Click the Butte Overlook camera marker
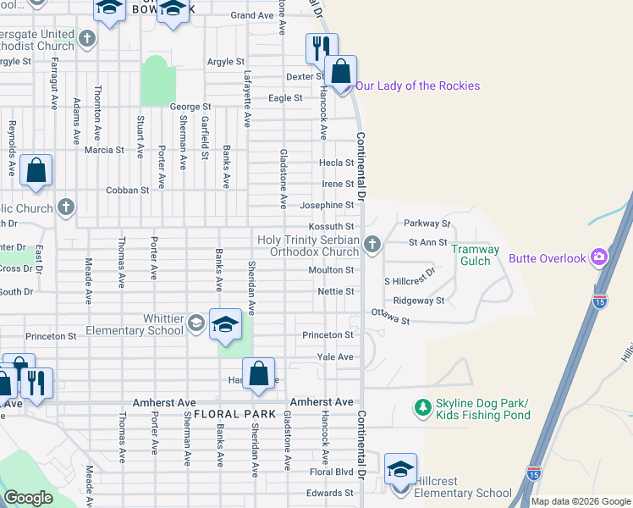(x=599, y=257)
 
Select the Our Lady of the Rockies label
(x=417, y=86)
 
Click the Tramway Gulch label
(x=476, y=255)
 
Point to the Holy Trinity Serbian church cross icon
(x=371, y=246)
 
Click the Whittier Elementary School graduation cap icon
(x=196, y=323)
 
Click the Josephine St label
(x=327, y=205)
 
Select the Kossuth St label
(x=331, y=227)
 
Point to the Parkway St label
(x=427, y=224)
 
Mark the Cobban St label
(x=127, y=190)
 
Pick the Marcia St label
(x=104, y=151)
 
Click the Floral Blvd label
(x=331, y=472)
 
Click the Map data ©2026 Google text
(x=580, y=501)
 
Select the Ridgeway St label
(x=419, y=301)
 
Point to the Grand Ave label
(x=252, y=15)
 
